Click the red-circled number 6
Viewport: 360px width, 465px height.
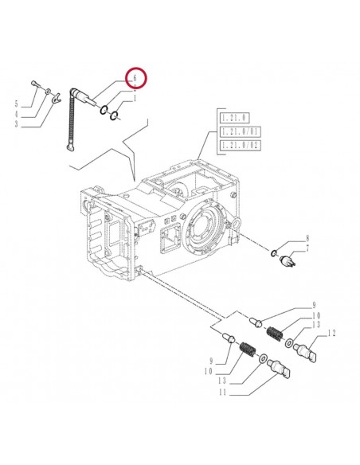pos(135,79)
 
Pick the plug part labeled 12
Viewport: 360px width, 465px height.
pos(307,346)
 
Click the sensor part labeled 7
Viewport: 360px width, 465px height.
pos(289,258)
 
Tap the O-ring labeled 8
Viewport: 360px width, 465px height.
pos(274,254)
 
